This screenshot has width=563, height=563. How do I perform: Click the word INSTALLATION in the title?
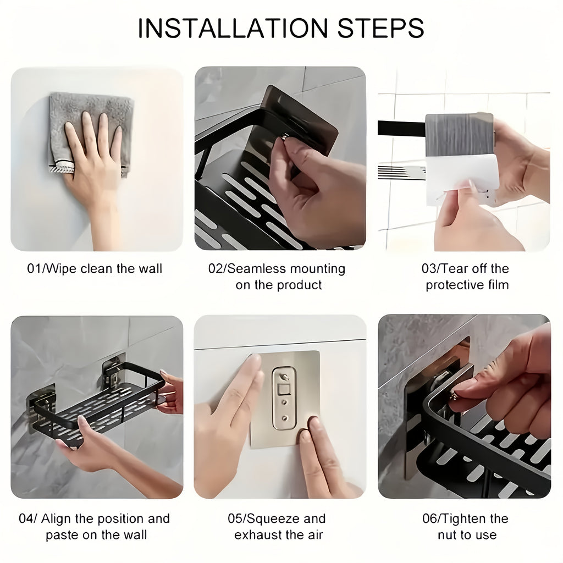pyautogui.click(x=231, y=28)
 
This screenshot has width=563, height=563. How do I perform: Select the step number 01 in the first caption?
pyautogui.click(x=34, y=269)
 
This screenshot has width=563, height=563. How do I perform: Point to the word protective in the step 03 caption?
pyautogui.click(x=451, y=285)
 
